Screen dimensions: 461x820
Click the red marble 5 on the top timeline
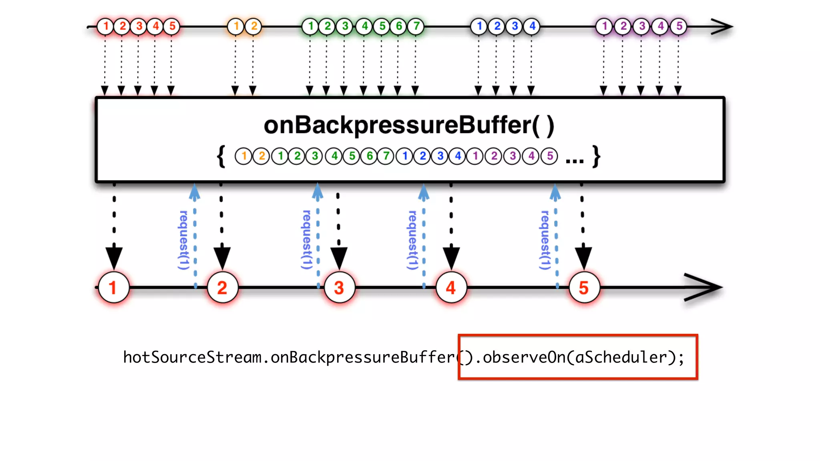click(172, 26)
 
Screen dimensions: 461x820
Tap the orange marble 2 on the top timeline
click(253, 26)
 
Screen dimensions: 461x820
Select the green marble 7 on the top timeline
click(416, 26)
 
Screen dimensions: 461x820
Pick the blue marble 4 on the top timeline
click(532, 26)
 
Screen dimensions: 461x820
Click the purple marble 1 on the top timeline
click(604, 26)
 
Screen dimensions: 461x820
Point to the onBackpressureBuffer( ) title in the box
click(409, 125)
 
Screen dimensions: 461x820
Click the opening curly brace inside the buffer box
click(221, 156)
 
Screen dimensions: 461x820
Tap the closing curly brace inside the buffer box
click(596, 156)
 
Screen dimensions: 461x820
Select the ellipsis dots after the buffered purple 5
click(574, 161)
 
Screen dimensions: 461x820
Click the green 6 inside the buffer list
click(369, 156)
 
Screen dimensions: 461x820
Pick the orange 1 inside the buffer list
click(243, 156)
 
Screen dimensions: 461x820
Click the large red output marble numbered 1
click(114, 288)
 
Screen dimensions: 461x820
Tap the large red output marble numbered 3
click(339, 288)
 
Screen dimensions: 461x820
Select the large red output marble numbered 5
click(584, 288)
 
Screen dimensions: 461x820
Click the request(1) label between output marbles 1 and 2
click(183, 240)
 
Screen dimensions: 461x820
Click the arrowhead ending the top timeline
click(722, 27)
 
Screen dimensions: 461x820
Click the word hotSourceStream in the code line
click(192, 357)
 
